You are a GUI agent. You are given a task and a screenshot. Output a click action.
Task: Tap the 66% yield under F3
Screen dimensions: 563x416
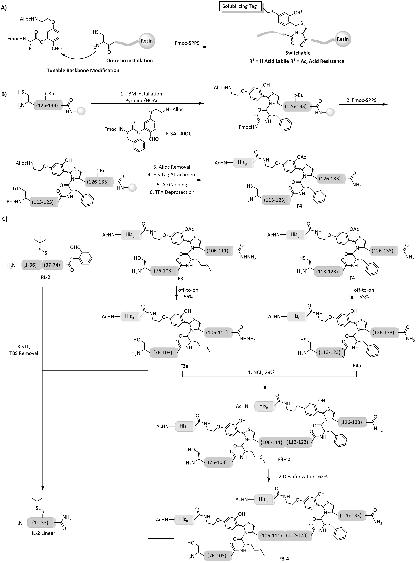point(188,297)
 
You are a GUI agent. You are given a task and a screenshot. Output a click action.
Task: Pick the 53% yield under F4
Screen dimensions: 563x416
point(364,297)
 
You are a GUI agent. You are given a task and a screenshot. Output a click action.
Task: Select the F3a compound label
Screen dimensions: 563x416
point(184,366)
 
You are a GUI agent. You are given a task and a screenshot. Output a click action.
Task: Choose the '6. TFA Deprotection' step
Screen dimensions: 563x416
point(174,192)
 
